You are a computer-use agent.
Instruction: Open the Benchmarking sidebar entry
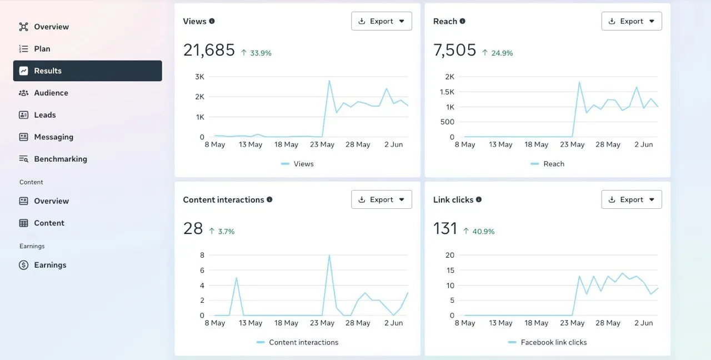pyautogui.click(x=60, y=159)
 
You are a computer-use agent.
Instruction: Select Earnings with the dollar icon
pyautogui.click(x=50, y=265)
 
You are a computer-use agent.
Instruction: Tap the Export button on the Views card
pyautogui.click(x=382, y=21)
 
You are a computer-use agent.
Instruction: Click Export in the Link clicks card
pyautogui.click(x=632, y=199)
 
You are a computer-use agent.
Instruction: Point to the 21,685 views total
pyautogui.click(x=209, y=51)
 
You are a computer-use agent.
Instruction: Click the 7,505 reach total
pyautogui.click(x=455, y=51)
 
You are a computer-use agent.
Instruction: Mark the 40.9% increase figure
pyautogui.click(x=483, y=232)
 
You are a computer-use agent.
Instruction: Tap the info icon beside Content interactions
pyautogui.click(x=269, y=199)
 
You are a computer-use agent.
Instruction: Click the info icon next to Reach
pyautogui.click(x=463, y=21)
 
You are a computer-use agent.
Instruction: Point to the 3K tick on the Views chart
pyautogui.click(x=199, y=77)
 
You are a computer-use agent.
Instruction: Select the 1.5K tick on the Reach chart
pyautogui.click(x=447, y=92)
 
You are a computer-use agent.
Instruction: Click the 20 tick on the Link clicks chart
pyautogui.click(x=450, y=255)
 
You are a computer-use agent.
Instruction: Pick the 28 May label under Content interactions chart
pyautogui.click(x=358, y=323)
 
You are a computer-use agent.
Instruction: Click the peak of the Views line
pyautogui.click(x=329, y=81)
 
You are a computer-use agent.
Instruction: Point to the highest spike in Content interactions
pyautogui.click(x=329, y=256)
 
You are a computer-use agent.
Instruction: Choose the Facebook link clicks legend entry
pyautogui.click(x=553, y=342)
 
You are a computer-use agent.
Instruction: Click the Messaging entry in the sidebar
pyautogui.click(x=53, y=137)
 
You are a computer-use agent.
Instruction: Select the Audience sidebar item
pyautogui.click(x=51, y=93)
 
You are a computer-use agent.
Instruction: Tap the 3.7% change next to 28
pyautogui.click(x=226, y=232)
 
